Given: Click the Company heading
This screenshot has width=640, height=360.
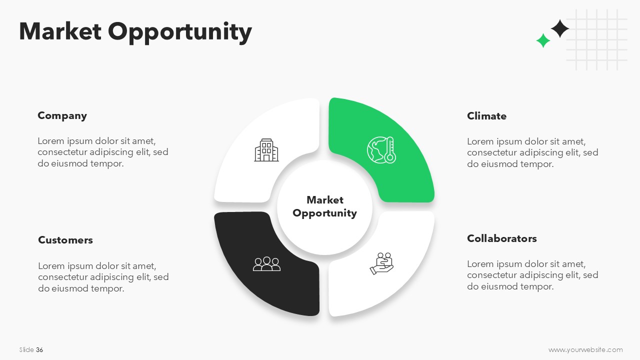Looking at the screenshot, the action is (x=62, y=115).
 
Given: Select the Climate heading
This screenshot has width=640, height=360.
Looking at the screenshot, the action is (x=486, y=116).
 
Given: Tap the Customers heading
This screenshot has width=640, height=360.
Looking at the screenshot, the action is (x=65, y=240).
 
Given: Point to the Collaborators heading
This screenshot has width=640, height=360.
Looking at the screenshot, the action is (x=501, y=238).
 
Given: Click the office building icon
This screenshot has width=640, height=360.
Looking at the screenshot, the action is (x=266, y=150).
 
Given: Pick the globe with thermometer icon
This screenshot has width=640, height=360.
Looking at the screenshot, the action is (x=381, y=150).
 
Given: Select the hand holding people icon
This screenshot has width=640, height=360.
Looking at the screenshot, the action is (x=381, y=263).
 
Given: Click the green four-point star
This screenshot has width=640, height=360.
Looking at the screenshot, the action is (x=543, y=40).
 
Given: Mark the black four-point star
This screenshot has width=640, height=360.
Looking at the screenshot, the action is (x=559, y=28).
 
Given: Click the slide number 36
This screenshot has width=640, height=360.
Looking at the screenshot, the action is (x=39, y=349).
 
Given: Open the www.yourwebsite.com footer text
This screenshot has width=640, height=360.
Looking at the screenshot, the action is (x=585, y=349).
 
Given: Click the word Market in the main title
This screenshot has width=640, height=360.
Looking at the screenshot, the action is (x=60, y=31).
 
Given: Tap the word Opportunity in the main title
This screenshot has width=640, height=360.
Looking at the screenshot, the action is (x=179, y=32).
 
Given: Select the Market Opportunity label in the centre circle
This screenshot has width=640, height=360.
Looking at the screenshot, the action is (x=324, y=206).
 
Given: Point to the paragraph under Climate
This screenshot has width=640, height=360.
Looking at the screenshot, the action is (x=532, y=152).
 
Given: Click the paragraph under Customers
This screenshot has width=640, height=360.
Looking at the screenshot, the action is (x=103, y=277).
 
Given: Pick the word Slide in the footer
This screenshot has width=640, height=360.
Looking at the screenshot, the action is (x=26, y=349).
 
